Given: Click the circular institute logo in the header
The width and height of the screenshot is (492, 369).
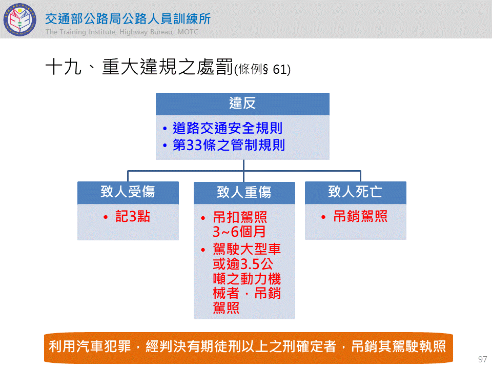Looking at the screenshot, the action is coord(20,19).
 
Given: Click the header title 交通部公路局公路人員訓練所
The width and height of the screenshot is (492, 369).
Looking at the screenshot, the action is coord(128,19).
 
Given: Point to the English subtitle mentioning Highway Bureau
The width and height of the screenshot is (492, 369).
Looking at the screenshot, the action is coord(122,32).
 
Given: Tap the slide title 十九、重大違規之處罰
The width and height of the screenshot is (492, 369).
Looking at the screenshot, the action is coord(139,67).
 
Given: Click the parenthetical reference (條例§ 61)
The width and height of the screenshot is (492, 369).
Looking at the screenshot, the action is coord(262,69).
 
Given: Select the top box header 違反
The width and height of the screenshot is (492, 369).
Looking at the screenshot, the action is coord(242,103).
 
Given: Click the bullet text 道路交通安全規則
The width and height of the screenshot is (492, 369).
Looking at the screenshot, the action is coord(228,128).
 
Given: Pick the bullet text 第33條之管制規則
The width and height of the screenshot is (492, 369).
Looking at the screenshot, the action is coord(229,145).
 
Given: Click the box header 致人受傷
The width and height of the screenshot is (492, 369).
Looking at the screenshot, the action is coord(128,192).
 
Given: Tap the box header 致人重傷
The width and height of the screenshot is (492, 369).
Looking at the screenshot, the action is coord(244,192).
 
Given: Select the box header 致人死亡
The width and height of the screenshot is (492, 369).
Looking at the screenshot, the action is coord(355,192).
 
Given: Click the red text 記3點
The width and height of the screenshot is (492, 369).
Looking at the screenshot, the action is coord(133,216).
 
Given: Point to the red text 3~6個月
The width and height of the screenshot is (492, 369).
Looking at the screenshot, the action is coord(239,232).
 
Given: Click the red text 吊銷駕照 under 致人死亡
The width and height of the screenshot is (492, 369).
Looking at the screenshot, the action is coord(360,216).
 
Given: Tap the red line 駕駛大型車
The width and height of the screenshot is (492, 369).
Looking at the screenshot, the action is coord(247,249).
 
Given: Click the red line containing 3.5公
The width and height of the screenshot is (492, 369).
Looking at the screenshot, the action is coord(243,264).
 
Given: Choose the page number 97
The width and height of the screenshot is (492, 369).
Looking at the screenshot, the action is coord(483,359).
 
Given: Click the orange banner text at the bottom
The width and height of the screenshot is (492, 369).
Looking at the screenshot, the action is coord(247,346).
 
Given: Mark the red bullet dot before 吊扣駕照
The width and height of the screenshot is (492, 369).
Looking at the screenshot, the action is coord(203,218).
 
